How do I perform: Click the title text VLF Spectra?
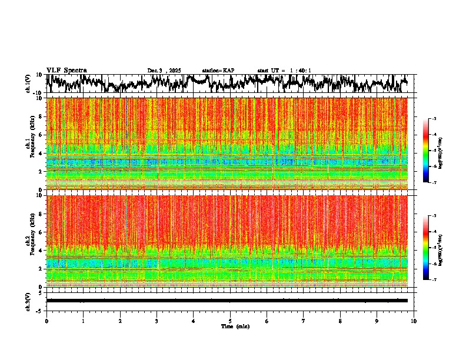(66, 71)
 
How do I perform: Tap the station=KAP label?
(218, 71)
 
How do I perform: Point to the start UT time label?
(284, 71)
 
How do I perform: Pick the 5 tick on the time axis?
(230, 321)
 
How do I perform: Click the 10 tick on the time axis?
(414, 321)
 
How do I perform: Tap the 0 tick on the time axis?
(46, 321)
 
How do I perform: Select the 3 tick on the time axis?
(157, 321)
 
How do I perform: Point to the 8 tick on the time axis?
(341, 321)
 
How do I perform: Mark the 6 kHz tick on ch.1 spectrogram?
(41, 135)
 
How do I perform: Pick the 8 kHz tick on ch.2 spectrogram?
(41, 214)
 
